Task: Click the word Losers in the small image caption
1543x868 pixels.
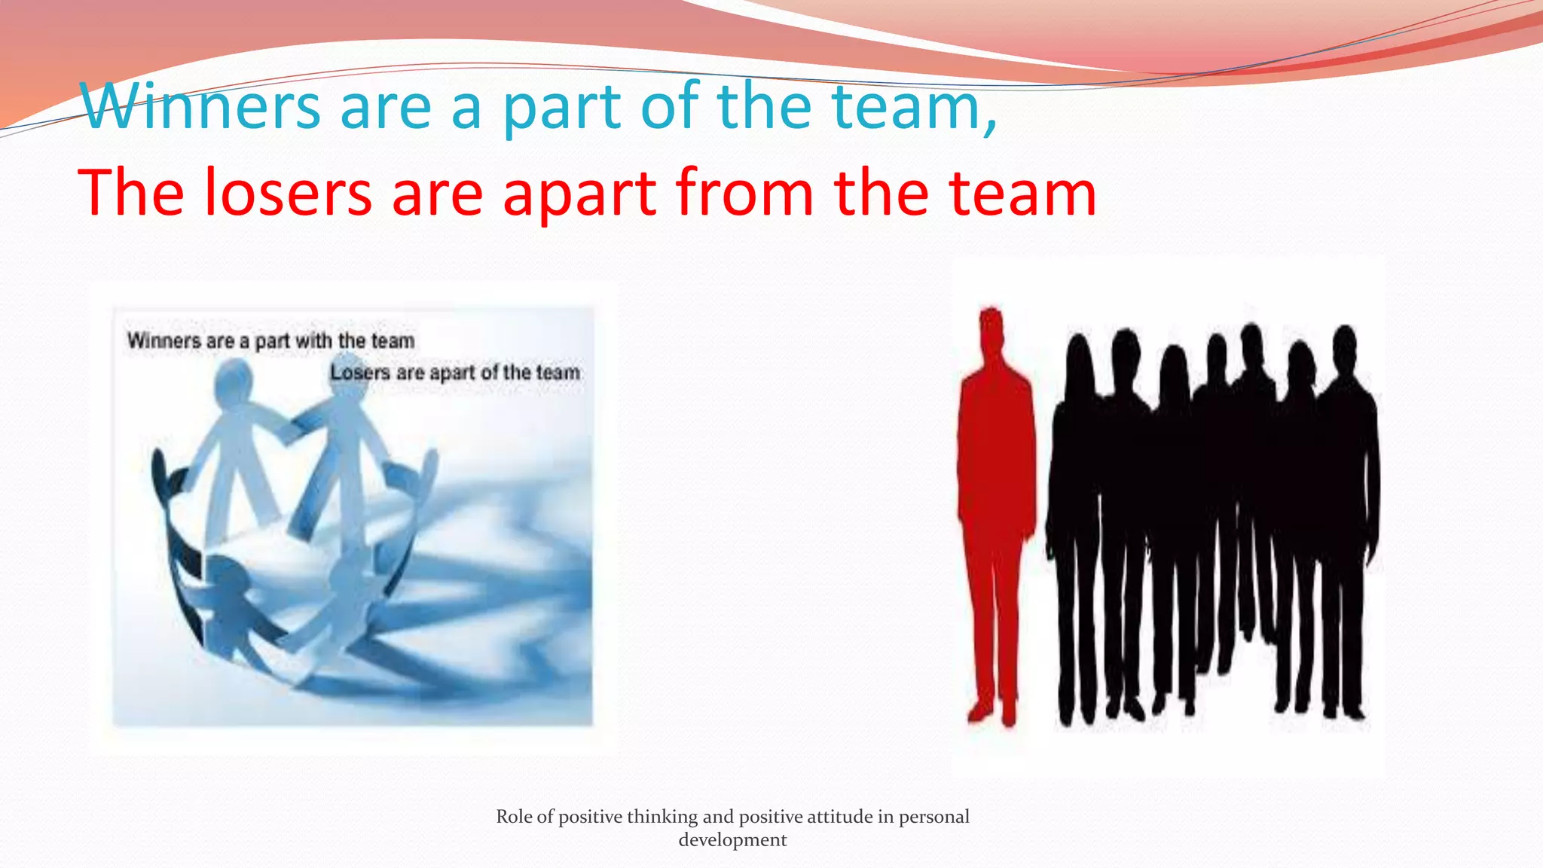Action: click(x=360, y=373)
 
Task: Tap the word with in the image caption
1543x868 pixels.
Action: click(x=313, y=341)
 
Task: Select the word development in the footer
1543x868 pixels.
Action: click(x=732, y=840)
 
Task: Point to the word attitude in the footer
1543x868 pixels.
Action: click(x=839, y=817)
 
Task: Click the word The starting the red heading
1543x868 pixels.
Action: click(x=130, y=194)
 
